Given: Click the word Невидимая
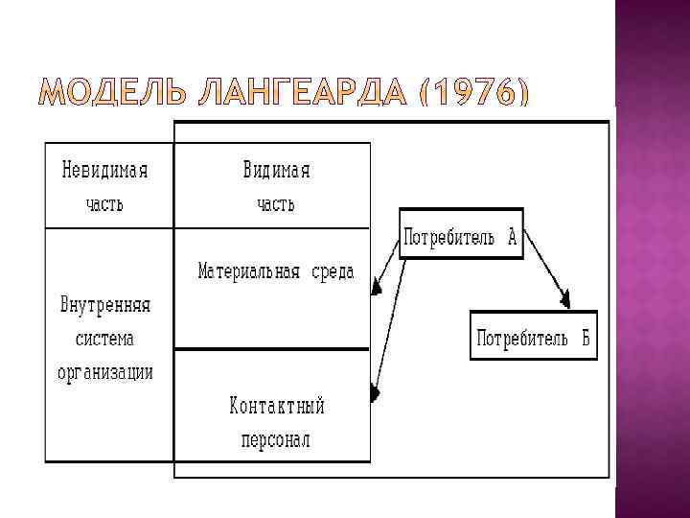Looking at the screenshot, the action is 105,171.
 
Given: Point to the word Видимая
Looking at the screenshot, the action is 276,171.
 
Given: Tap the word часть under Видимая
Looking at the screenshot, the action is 276,204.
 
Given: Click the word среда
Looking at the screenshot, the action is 332,271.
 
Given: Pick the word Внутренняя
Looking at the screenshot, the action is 105,307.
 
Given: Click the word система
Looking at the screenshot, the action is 105,340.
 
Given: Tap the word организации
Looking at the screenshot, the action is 105,372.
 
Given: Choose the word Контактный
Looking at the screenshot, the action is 277,406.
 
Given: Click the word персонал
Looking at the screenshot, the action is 277,440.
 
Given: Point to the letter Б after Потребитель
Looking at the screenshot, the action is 583,338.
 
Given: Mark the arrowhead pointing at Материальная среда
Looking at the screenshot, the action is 377,287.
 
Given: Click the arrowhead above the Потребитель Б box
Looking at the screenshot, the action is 566,301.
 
